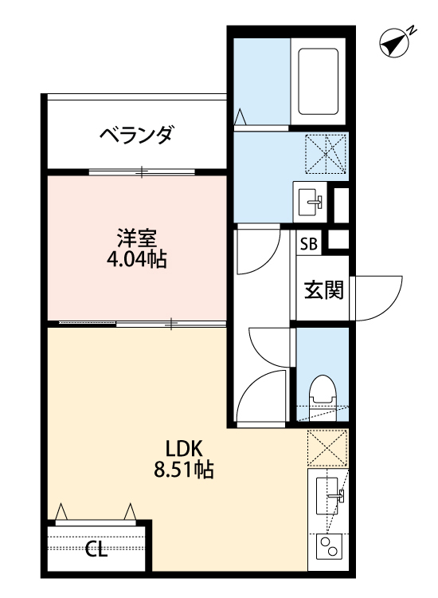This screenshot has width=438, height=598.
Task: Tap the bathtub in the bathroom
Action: (x=317, y=82)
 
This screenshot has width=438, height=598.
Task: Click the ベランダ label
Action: (x=136, y=136)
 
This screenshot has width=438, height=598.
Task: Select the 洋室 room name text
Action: (x=136, y=238)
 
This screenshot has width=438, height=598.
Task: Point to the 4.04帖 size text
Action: (x=136, y=261)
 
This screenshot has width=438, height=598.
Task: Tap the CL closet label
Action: (x=96, y=549)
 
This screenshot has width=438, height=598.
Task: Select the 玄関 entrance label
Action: (x=323, y=290)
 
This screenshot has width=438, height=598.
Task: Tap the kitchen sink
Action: (x=329, y=494)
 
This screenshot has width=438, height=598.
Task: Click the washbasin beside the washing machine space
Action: (x=311, y=200)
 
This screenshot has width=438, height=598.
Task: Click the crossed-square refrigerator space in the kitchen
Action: (x=327, y=449)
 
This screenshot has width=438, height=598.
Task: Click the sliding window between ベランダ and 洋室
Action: (x=142, y=171)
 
